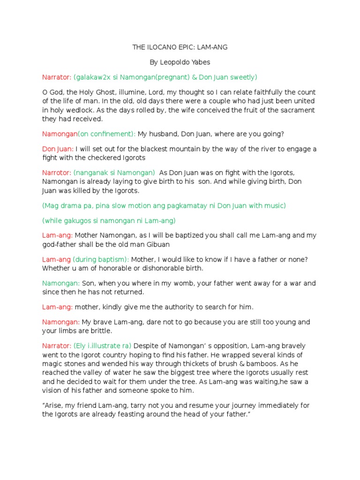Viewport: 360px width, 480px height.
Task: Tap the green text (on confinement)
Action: (x=107, y=134)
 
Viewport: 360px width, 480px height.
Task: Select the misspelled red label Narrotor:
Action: (x=57, y=172)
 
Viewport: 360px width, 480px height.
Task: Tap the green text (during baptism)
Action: (x=101, y=259)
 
